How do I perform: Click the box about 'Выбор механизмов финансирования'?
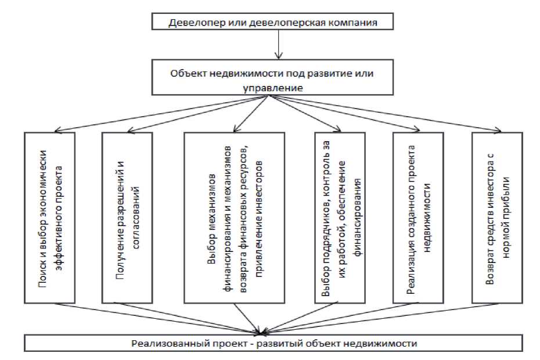pyautogui.click(x=235, y=217)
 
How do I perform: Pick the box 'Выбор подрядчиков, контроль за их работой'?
pyautogui.click(x=341, y=217)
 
